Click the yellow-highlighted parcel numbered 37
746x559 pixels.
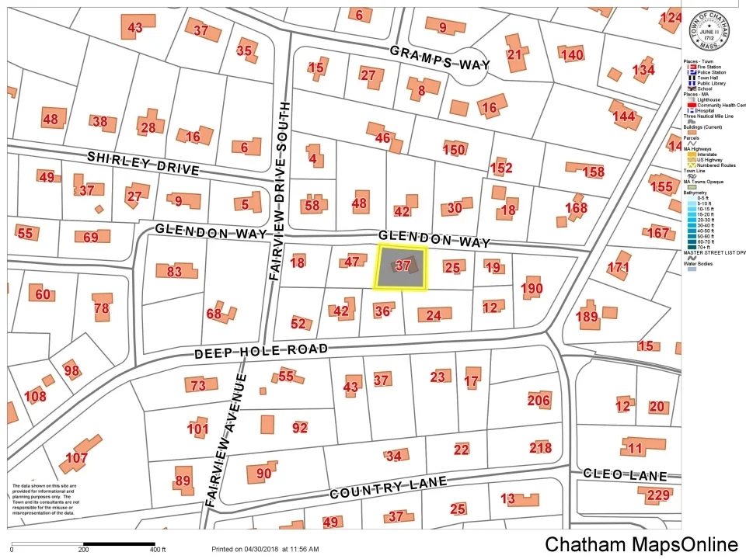[402, 266]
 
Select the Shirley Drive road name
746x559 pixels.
[143, 163]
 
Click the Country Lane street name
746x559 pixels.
[388, 488]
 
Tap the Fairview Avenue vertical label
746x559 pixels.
[225, 441]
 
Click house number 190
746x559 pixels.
[532, 289]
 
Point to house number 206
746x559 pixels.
[539, 401]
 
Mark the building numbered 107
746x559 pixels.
[76, 458]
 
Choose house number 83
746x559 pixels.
[174, 272]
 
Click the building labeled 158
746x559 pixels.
[593, 172]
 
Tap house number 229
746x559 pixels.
[658, 495]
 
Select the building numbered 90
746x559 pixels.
[263, 474]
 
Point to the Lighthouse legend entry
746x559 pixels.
[709, 100]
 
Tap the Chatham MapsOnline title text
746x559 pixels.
[640, 544]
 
